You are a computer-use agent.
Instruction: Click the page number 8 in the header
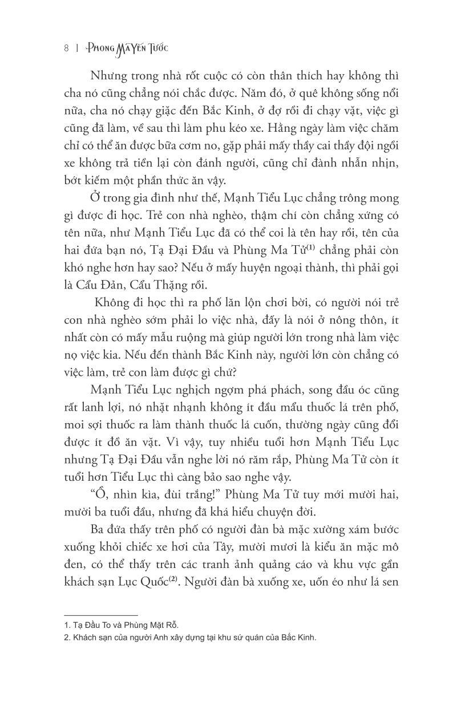(x=66, y=48)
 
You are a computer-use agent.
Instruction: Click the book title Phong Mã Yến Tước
(x=127, y=48)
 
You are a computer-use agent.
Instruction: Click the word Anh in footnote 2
(x=161, y=638)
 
